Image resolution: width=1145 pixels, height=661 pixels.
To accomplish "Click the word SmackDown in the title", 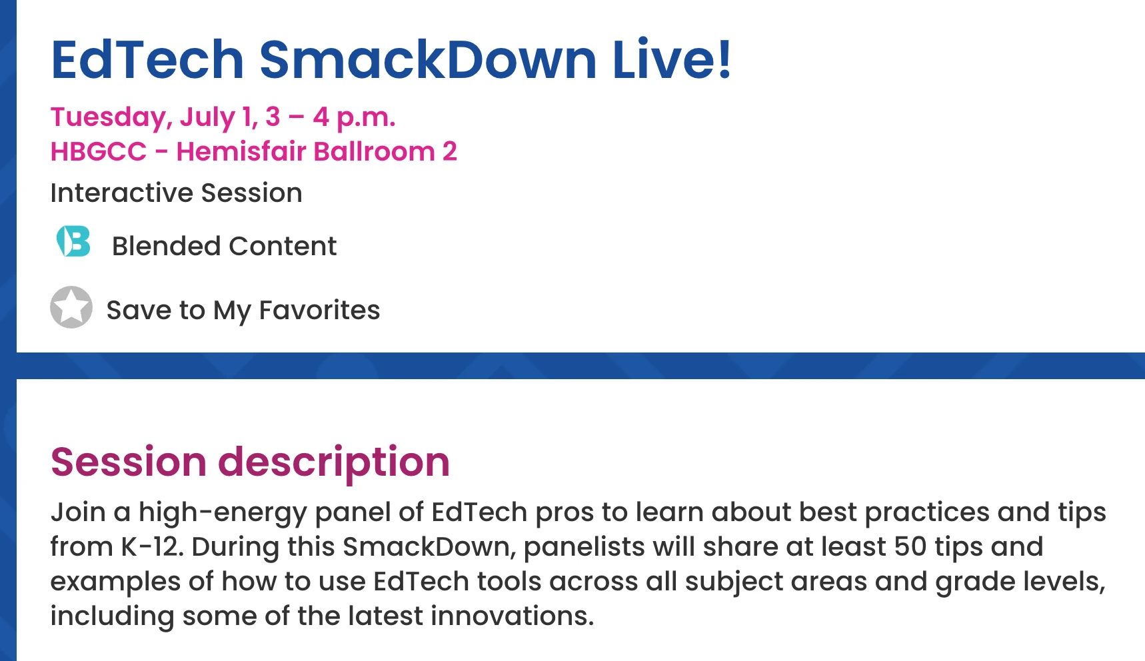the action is (x=428, y=59).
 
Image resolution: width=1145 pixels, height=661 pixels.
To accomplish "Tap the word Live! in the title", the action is (x=672, y=59).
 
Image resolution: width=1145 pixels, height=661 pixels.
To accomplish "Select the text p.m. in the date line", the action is (x=366, y=118).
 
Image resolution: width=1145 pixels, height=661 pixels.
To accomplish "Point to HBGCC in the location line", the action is (x=99, y=152).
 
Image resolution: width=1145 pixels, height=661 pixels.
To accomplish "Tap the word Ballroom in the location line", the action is (x=374, y=152).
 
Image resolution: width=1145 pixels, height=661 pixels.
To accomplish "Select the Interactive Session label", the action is (x=176, y=193).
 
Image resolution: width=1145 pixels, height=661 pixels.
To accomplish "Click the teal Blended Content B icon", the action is (x=73, y=241).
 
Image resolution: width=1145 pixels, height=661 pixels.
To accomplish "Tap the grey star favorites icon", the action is (x=71, y=307).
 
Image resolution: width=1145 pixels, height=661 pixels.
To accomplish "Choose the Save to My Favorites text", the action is (x=243, y=311).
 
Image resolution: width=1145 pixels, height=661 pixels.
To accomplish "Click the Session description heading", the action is (x=250, y=462).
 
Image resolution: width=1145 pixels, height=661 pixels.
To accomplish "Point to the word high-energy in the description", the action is (x=223, y=513).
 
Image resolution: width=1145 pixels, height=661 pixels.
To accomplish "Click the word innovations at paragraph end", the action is (x=512, y=616).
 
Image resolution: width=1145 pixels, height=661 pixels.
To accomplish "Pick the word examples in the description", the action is (x=115, y=582).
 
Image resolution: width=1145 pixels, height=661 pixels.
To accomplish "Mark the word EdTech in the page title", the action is (x=147, y=59).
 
